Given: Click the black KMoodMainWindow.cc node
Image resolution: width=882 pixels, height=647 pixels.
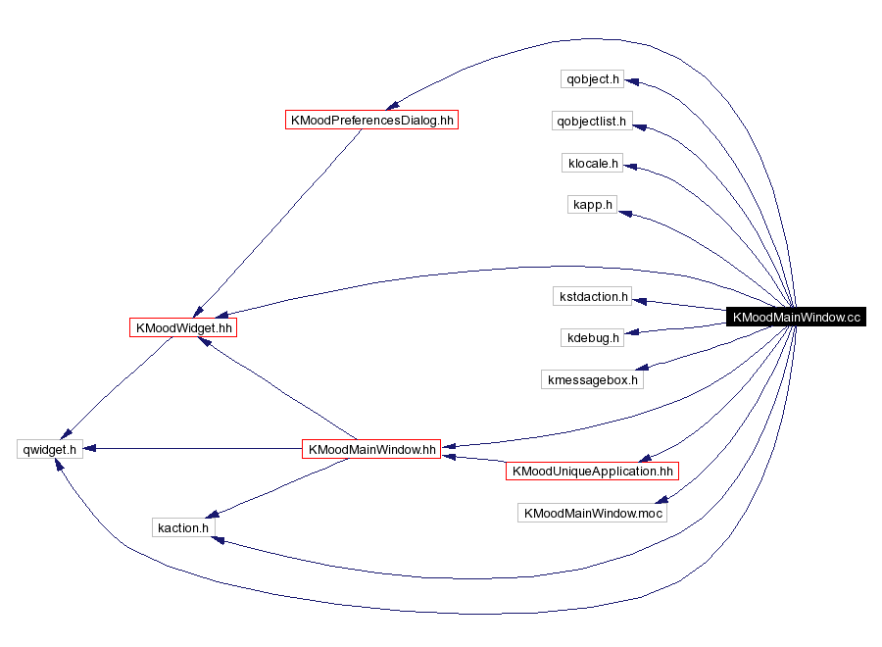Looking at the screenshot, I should (796, 317).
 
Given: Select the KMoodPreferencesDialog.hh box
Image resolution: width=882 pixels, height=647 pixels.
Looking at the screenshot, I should (371, 120).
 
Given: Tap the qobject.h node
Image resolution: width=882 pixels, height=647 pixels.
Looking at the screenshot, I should (592, 78).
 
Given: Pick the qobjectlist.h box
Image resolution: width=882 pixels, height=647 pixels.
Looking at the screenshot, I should (592, 122).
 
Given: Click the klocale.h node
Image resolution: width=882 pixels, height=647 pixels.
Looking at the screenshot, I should (593, 163).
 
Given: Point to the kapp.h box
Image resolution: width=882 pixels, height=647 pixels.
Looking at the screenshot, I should (593, 205).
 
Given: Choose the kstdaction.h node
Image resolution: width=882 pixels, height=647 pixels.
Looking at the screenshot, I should (593, 296).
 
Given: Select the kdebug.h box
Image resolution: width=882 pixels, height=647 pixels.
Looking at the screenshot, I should (592, 337).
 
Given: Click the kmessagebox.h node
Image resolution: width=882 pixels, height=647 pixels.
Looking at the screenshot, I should (592, 378).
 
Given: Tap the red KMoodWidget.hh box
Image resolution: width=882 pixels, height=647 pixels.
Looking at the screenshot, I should (184, 327).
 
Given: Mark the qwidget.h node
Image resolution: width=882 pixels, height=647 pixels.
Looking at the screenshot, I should (50, 449).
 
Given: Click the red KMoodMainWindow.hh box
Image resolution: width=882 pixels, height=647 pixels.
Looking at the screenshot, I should (371, 449).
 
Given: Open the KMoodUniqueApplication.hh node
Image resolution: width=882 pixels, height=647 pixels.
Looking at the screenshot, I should (592, 471).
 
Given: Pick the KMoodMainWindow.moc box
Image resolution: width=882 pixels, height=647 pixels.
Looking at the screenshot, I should (592, 513).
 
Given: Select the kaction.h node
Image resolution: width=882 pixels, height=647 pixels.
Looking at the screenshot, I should (182, 527).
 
